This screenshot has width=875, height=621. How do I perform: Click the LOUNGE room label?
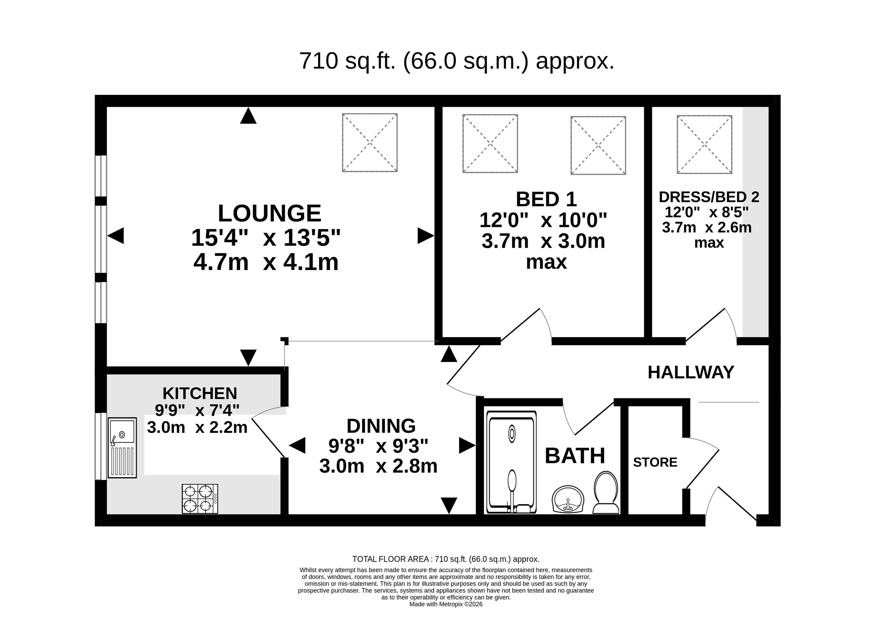click(x=269, y=213)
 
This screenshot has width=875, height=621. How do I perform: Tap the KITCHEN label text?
click(x=200, y=393)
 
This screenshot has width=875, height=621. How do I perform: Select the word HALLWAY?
click(x=691, y=372)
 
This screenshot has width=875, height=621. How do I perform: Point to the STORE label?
click(x=655, y=462)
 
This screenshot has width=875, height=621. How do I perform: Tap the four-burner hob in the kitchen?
click(x=200, y=499)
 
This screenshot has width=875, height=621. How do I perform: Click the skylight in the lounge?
click(x=370, y=143)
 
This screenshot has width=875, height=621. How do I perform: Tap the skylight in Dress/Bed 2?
click(x=705, y=145)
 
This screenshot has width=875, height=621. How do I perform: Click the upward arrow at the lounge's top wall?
click(x=248, y=115)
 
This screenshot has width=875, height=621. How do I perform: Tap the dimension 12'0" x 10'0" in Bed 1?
click(x=543, y=220)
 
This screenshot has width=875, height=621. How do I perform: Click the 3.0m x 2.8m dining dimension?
click(x=378, y=466)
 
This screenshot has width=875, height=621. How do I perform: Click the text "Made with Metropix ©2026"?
click(x=446, y=604)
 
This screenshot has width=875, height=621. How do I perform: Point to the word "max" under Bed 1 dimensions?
click(x=546, y=262)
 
